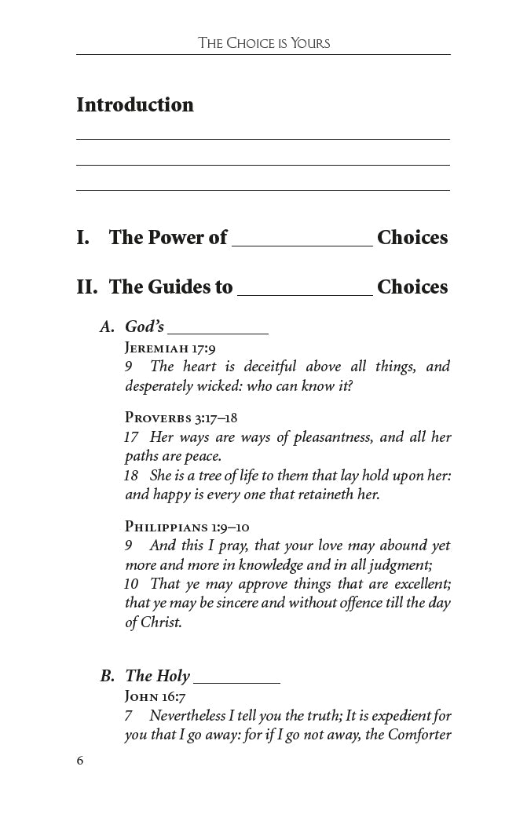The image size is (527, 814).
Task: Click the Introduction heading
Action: pos(135,105)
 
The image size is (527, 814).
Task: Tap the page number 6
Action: pos(80,761)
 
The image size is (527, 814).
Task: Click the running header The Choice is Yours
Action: pos(263,43)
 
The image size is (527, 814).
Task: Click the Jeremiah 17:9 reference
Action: pos(170,348)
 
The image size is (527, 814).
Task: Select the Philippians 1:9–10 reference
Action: pos(187,527)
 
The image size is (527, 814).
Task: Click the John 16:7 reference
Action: pos(156,696)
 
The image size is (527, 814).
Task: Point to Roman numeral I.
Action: pos(82,238)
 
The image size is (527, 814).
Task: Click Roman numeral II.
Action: pos(86,287)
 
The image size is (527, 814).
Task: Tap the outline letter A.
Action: pos(107,327)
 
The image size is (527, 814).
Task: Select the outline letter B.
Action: pos(108,676)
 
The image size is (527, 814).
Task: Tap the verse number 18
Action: pos(131,476)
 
